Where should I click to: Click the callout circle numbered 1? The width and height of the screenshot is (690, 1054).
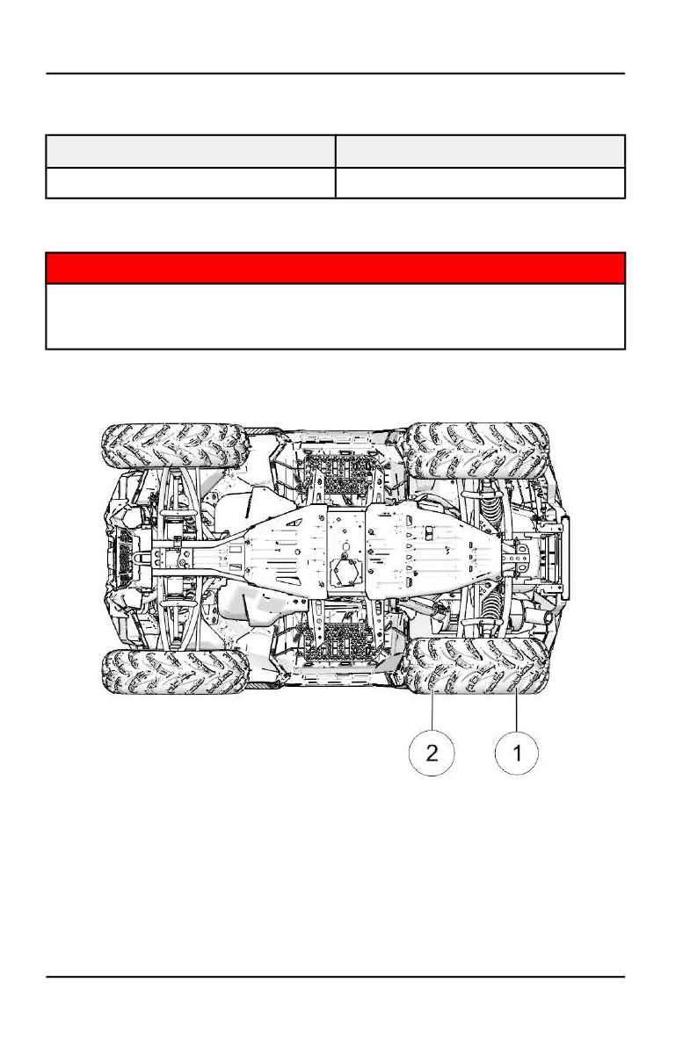tap(516, 753)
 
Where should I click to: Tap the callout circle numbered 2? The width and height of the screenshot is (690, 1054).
tap(432, 753)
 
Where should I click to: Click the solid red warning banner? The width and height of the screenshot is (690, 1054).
tap(336, 268)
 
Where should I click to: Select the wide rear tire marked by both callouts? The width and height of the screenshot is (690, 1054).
tap(476, 666)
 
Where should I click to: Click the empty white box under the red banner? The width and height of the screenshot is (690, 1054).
tap(336, 316)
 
